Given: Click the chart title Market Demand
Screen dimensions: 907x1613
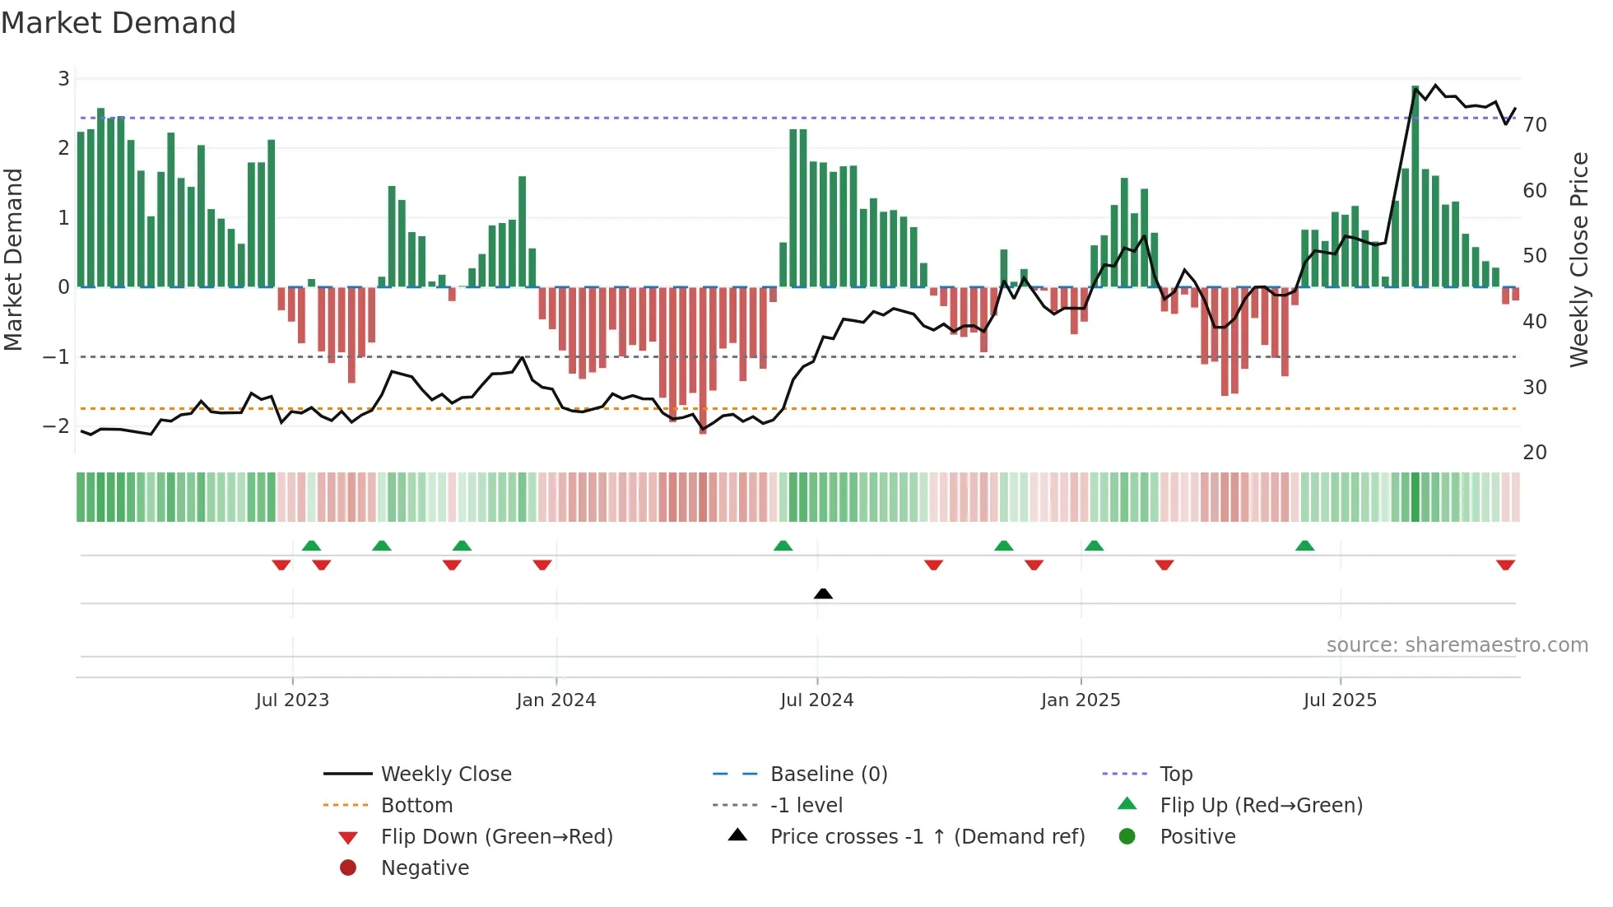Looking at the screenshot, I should coord(119,22).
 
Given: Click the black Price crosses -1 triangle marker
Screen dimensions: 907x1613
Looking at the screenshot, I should coord(823,593).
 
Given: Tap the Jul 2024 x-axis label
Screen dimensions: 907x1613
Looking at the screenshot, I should coord(816,700).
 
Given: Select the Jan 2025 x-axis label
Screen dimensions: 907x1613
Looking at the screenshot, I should coord(1080,700).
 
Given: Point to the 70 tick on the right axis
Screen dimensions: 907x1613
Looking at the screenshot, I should coord(1535,125).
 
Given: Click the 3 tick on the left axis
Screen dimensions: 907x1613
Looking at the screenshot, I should coord(63,79).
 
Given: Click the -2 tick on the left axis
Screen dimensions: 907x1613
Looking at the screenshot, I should coord(57,426).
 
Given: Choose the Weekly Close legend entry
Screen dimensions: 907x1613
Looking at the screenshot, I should coord(445,774).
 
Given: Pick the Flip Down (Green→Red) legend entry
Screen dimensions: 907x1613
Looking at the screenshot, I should coord(496,837).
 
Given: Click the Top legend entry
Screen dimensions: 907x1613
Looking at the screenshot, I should coord(1175,774).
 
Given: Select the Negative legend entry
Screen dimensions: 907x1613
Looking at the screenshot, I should coord(425,868).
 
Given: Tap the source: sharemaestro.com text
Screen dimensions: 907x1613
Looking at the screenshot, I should coord(1457,645).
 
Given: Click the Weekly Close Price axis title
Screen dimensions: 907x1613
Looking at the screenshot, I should coord(1578,259).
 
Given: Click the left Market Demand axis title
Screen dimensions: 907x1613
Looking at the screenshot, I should coord(13,259).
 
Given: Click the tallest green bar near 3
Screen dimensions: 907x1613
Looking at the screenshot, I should coord(1415,185).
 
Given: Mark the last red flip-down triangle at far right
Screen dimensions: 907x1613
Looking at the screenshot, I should coord(1505,565).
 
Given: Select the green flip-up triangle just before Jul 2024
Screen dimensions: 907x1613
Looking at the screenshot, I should coord(783,546).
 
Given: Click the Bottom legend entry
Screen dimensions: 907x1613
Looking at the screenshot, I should coord(416,806).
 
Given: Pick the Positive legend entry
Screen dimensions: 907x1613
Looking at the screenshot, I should coord(1197,837).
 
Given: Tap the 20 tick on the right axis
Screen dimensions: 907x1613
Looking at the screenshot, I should coord(1535,453).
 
